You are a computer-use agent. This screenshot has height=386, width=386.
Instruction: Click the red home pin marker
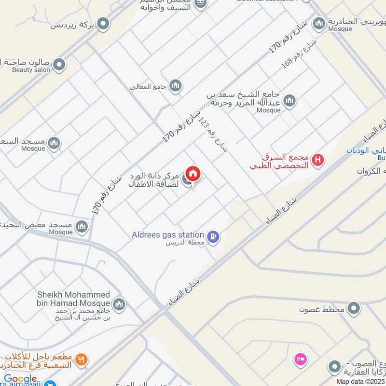[x=193, y=174]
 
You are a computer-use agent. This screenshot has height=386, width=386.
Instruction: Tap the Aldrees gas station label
[x=168, y=234]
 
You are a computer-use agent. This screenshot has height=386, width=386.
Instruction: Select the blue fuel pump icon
[x=213, y=236]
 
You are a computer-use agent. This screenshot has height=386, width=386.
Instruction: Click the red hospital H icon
[x=317, y=160]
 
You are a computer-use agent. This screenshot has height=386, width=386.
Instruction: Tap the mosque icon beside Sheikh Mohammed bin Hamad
[x=119, y=304]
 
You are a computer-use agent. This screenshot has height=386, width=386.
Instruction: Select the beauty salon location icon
[x=59, y=65]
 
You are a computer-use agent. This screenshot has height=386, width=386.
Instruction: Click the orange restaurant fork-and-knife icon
[x=82, y=359]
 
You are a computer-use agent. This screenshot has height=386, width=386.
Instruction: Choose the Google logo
[x=20, y=379]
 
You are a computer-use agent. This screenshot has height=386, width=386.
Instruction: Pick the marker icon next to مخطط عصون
[x=355, y=307]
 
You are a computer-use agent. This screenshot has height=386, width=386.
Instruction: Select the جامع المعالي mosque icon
[x=175, y=85]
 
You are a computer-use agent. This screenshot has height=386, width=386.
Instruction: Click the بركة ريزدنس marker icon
[x=103, y=23]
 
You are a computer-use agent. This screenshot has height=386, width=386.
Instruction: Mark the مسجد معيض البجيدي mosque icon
[x=82, y=226]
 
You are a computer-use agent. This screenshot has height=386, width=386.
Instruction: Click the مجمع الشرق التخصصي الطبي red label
[x=281, y=162]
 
